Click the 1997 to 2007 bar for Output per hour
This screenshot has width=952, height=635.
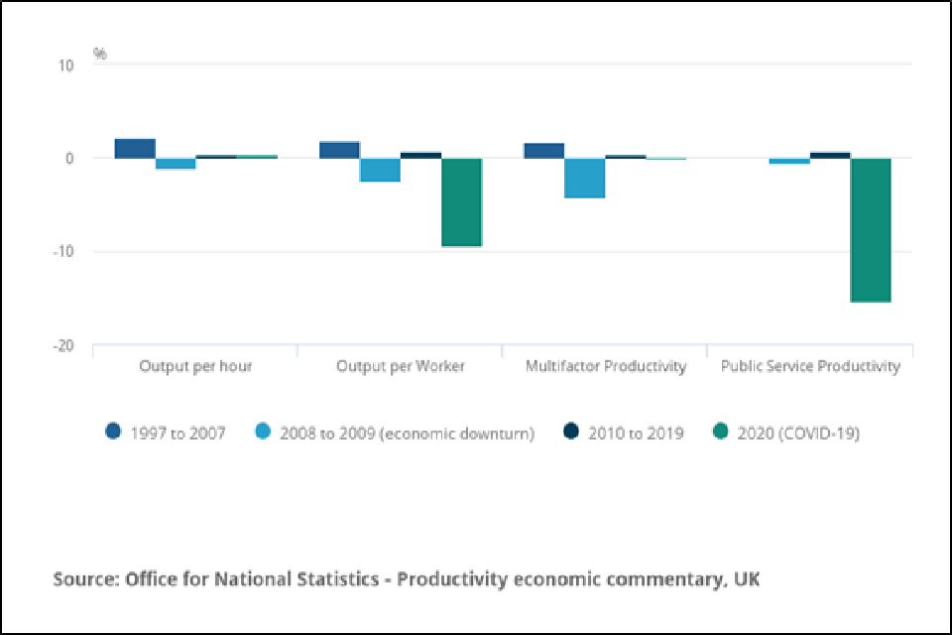(135, 148)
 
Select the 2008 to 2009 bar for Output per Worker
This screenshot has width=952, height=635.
(380, 170)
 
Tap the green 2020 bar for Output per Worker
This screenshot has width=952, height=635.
(461, 201)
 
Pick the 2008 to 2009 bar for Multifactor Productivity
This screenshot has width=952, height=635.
(585, 178)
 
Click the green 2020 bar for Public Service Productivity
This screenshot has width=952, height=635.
(871, 229)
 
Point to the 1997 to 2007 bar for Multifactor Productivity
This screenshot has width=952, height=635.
(543, 151)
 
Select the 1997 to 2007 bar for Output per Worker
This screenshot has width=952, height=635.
(339, 150)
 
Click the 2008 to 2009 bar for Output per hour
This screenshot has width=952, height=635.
(176, 164)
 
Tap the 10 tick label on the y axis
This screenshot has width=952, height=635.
(65, 65)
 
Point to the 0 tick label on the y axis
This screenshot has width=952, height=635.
(69, 159)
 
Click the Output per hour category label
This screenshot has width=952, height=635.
(195, 366)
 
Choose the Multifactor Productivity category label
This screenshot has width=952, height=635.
(605, 366)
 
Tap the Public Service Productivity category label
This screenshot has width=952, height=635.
(810, 366)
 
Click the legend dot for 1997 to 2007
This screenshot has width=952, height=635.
(113, 433)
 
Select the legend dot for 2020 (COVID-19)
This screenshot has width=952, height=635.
(721, 433)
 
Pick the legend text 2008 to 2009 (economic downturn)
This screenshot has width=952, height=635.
(407, 434)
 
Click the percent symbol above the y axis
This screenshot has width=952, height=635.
(100, 54)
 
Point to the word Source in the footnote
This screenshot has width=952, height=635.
(83, 578)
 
